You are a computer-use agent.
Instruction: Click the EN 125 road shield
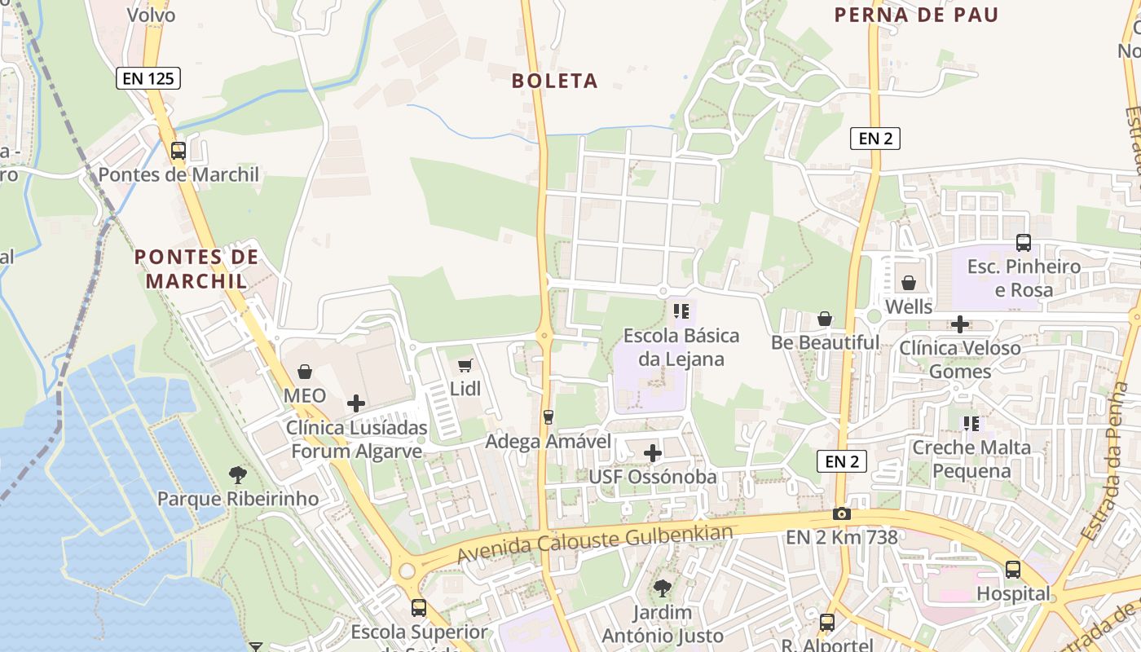[148, 78]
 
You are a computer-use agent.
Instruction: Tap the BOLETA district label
[555, 81]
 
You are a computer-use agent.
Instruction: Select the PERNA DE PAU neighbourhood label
[917, 15]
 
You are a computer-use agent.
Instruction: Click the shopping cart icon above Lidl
[465, 365]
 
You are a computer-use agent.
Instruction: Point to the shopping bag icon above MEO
[305, 372]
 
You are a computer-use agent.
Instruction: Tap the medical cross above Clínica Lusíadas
[356, 403]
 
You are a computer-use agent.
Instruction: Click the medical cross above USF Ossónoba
[653, 453]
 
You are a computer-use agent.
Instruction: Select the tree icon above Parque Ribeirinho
[238, 474]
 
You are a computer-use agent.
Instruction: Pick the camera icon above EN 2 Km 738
[842, 513]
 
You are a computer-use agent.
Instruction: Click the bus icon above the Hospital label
[1013, 570]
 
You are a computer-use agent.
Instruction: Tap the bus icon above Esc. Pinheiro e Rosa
[1024, 242]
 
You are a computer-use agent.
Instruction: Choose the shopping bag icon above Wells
[909, 283]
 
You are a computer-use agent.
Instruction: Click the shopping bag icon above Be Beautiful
[825, 319]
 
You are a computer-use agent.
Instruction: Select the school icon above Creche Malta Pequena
[971, 423]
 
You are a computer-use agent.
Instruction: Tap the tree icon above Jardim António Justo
[663, 588]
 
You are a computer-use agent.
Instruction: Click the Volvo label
[152, 14]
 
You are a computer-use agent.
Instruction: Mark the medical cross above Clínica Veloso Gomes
[960, 324]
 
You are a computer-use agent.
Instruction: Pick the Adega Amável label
[548, 441]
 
